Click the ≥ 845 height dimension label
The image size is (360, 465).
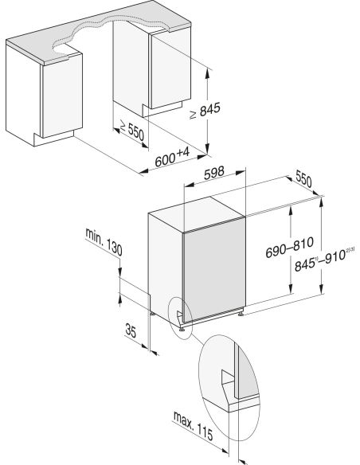coord(205,111)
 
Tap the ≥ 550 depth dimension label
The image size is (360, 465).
coord(131,131)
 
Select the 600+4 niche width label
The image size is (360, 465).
coord(172,158)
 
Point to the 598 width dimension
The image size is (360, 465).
coord(214,173)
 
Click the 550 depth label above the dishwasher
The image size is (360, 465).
coord(303,179)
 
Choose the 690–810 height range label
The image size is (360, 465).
coord(289,248)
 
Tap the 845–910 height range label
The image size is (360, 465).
coord(324,260)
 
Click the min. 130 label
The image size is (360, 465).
coord(104,242)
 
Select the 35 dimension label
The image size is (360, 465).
coord(131,330)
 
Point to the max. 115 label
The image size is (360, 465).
coord(193,425)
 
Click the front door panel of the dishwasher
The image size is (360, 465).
coord(214,270)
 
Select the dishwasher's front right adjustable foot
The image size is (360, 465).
coord(241,312)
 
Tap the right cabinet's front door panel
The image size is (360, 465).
coord(170,70)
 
